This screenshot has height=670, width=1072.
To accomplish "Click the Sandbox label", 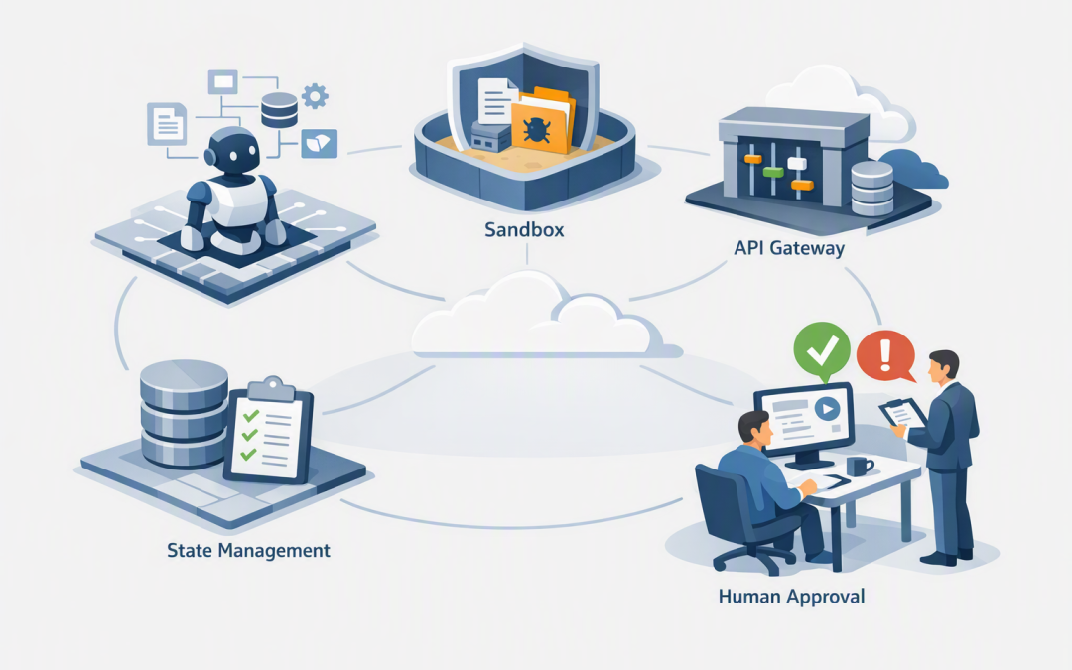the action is point(524,229).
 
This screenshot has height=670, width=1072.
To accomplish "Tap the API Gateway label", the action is point(789,247).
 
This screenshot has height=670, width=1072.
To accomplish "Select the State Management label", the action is point(248,550).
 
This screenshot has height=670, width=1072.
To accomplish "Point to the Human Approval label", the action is point(791,597).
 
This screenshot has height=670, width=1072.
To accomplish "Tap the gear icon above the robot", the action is point(315,96).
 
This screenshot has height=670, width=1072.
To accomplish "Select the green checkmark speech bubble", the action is point(822,351).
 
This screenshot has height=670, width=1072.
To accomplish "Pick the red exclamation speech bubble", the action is point(886,355).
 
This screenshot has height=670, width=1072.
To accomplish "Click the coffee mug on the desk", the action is point(858,467).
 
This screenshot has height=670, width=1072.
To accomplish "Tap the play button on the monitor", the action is point(827,409).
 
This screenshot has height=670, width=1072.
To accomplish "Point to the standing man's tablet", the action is point(902,413).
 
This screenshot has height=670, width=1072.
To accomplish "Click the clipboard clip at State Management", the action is point(273,388).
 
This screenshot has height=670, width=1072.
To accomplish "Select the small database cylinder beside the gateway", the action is point(871,188).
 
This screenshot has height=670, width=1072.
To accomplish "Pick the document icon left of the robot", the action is point(167,123).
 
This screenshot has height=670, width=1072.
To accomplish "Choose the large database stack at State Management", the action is point(184,414).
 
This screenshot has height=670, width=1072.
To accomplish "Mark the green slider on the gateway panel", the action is point(773,172).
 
